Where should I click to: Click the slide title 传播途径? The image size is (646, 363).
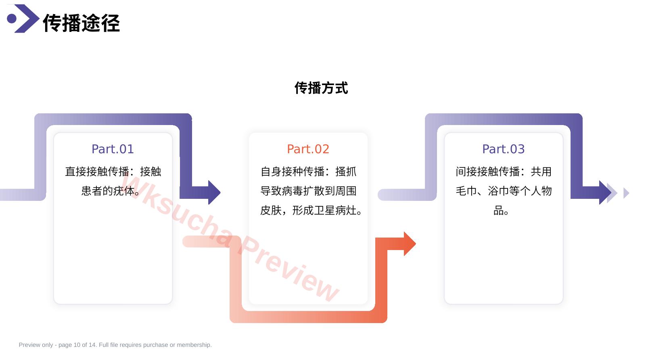[82, 23]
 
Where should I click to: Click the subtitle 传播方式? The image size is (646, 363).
[321, 88]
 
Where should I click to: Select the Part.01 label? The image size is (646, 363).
[113, 149]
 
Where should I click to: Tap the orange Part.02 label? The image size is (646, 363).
[308, 149]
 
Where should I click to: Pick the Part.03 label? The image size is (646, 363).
[504, 149]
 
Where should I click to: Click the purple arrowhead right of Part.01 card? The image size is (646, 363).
[214, 192]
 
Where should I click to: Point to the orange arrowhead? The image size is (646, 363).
[410, 244]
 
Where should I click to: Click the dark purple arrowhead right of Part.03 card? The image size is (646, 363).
[605, 192]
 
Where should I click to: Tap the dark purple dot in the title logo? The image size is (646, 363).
[12, 19]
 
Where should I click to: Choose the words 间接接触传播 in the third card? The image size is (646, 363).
[488, 171]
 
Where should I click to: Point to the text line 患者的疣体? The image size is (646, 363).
[108, 191]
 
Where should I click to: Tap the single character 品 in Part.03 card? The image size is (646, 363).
[498, 211]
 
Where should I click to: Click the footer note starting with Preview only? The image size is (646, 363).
[115, 345]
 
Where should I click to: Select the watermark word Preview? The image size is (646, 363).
[289, 268]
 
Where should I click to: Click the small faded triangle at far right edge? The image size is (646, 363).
[626, 193]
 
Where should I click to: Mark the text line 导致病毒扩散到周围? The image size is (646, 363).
[308, 191]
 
